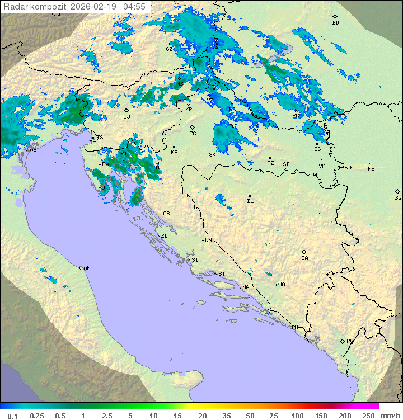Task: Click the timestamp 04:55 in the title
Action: pos(134,7)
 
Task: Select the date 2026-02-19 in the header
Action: pos(99,7)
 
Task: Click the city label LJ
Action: pos(126,117)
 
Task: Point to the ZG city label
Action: pos(193,134)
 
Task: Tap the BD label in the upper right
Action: pos(335,23)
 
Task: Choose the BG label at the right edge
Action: pos(398,197)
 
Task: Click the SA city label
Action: pos(304,258)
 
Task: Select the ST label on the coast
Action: pos(222,274)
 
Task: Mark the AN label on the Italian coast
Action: pos(87,268)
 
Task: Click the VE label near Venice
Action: pos(33,152)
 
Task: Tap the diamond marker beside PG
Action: pos(342,341)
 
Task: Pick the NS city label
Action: pos(371,169)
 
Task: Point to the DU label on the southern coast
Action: pos(294,328)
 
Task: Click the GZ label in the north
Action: pos(169,49)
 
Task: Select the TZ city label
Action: pos(317,215)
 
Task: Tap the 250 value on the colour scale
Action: pos(368,416)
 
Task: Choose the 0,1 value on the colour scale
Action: pos(12,416)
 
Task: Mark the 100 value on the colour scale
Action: pos(297,416)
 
